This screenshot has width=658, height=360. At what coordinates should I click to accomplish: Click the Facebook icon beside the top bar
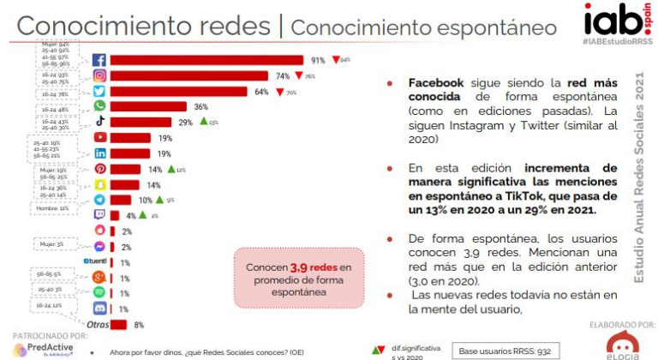(99, 60)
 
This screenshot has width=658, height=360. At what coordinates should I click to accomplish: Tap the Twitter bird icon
(99, 91)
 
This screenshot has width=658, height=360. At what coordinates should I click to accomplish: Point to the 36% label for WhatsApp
(201, 106)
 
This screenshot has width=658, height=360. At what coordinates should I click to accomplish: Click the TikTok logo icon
(99, 122)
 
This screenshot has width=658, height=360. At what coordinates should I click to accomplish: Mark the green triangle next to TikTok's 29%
(203, 122)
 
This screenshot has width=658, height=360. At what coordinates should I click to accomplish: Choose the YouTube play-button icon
(99, 137)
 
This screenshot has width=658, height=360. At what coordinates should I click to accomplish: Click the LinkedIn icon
(99, 153)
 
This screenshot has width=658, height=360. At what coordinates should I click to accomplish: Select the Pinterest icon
(99, 169)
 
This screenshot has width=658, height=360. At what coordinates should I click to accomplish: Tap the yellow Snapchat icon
(99, 184)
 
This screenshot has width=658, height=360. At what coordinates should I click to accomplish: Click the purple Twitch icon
(99, 215)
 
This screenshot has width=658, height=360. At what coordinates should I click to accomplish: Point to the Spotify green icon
(99, 292)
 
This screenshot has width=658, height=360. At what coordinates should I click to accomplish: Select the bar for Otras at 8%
(118, 324)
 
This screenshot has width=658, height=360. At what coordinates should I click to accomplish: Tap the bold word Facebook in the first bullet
(436, 83)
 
